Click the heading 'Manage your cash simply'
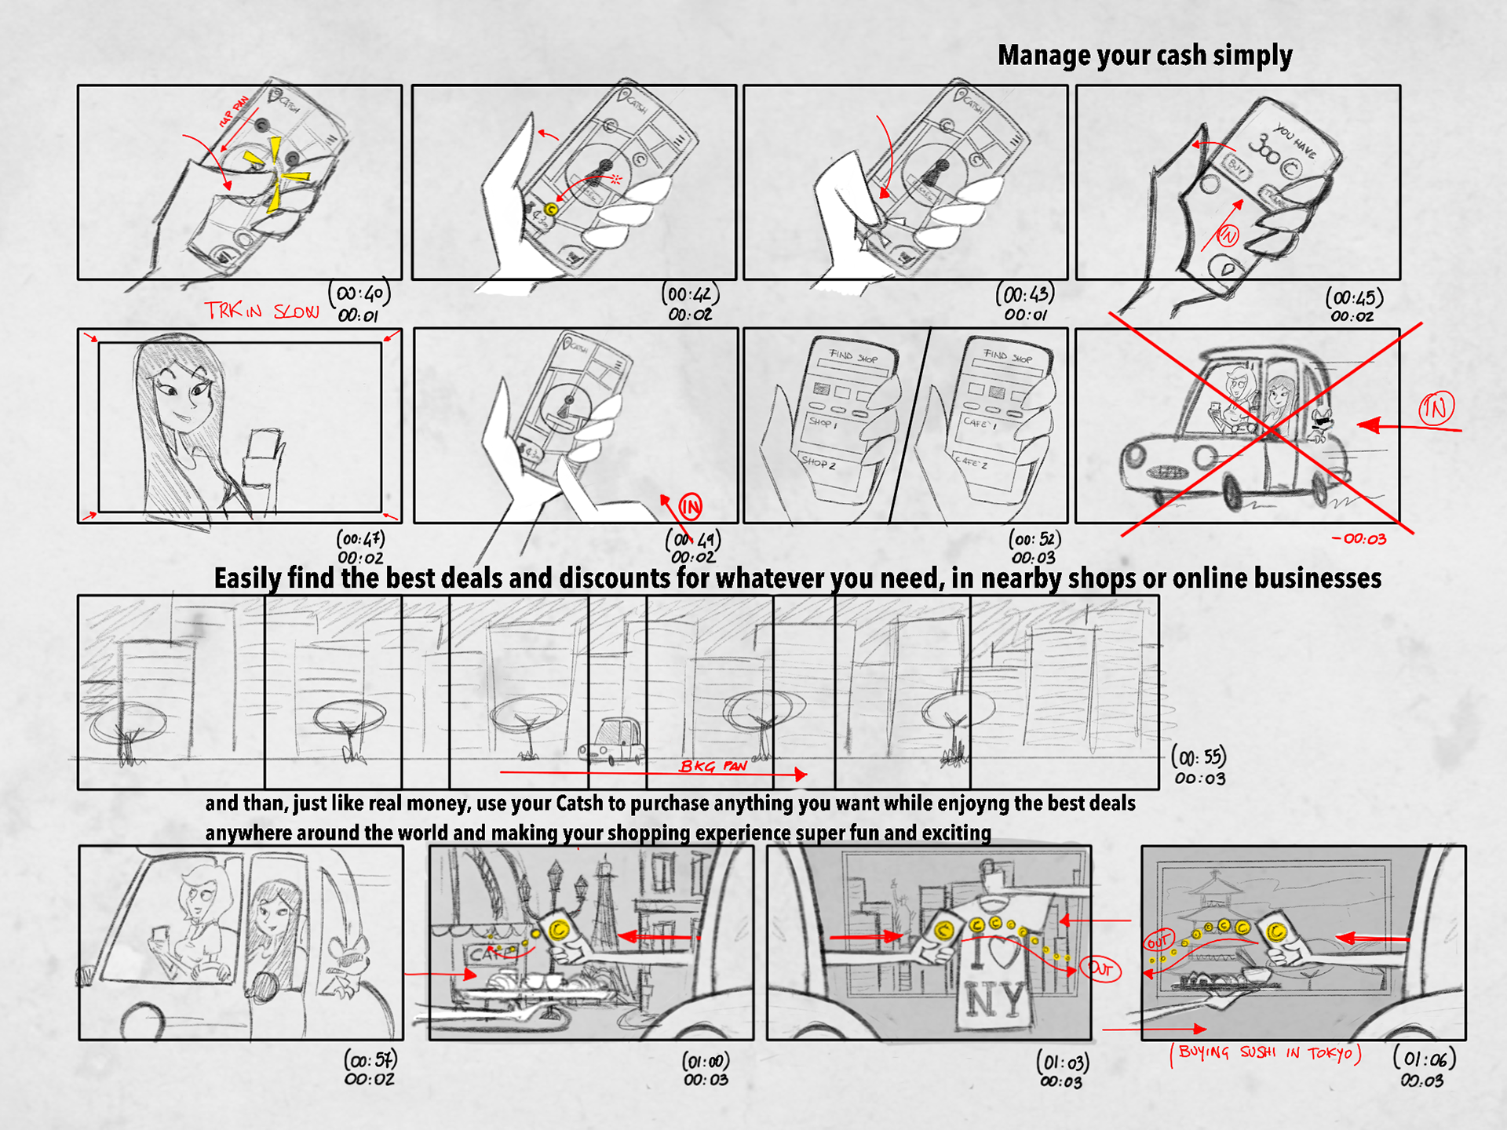[1144, 56]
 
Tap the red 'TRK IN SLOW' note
[261, 311]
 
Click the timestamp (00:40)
[359, 293]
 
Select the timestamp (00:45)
[1354, 297]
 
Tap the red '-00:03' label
[1359, 539]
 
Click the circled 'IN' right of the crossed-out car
[1436, 408]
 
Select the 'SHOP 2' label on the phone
[819, 463]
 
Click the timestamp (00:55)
[1199, 757]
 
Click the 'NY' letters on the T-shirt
[994, 1001]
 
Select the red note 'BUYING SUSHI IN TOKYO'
[1264, 1053]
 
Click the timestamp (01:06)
[1424, 1059]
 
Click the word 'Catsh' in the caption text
[579, 804]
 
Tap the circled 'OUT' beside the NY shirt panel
[1100, 969]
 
